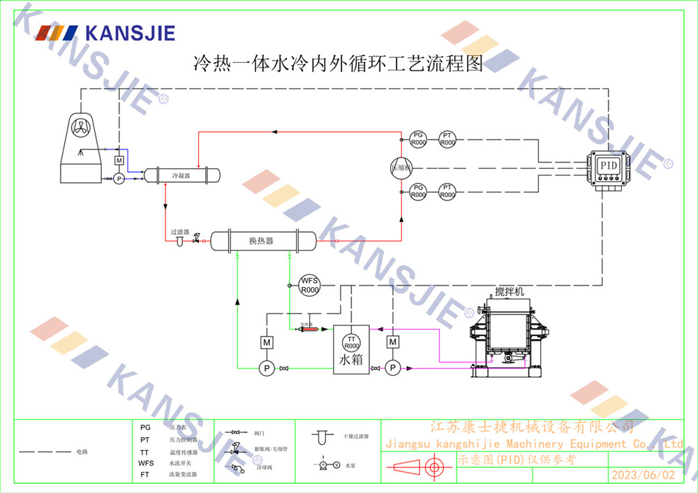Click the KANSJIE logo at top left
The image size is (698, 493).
tap(105, 33)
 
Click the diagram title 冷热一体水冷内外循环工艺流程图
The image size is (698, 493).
tap(338, 65)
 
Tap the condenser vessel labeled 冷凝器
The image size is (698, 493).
tap(181, 175)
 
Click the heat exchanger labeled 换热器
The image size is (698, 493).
tap(261, 241)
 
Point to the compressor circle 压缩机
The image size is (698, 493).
tap(401, 168)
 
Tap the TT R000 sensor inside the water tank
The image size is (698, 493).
tap(352, 342)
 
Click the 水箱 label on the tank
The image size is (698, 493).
tap(351, 361)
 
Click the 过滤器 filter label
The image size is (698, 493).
tap(179, 231)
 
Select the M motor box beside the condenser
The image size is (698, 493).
tap(119, 161)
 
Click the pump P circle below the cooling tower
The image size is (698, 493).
tap(119, 179)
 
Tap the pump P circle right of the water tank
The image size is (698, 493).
tap(393, 367)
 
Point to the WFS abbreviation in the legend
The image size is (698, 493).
tap(146, 463)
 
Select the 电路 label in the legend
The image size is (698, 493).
tap(82, 452)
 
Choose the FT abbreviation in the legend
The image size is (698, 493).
tap(145, 475)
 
